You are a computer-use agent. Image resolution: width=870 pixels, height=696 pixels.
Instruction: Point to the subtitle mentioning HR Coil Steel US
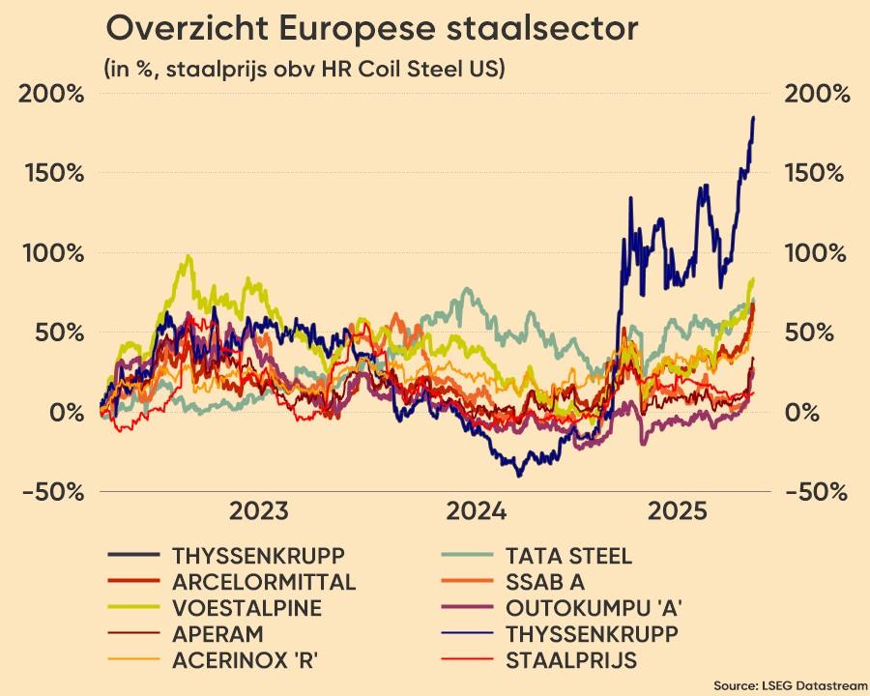[304, 70]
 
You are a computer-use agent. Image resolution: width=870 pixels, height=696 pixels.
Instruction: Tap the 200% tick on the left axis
[50, 95]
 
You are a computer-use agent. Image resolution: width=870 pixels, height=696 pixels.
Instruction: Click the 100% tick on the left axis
[50, 253]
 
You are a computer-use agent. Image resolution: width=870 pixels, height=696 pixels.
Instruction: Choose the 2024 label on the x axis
[476, 511]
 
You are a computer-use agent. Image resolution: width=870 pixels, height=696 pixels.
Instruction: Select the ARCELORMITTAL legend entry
[263, 582]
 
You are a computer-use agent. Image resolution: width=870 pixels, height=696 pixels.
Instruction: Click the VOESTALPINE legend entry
[246, 608]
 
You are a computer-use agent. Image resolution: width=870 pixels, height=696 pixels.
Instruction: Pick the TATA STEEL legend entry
[567, 556]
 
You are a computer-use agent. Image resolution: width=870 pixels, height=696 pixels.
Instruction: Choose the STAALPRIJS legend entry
[570, 661]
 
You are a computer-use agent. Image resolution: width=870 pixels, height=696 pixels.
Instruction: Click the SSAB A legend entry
[544, 582]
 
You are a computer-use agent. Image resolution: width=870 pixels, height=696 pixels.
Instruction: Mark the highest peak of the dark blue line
[753, 118]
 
